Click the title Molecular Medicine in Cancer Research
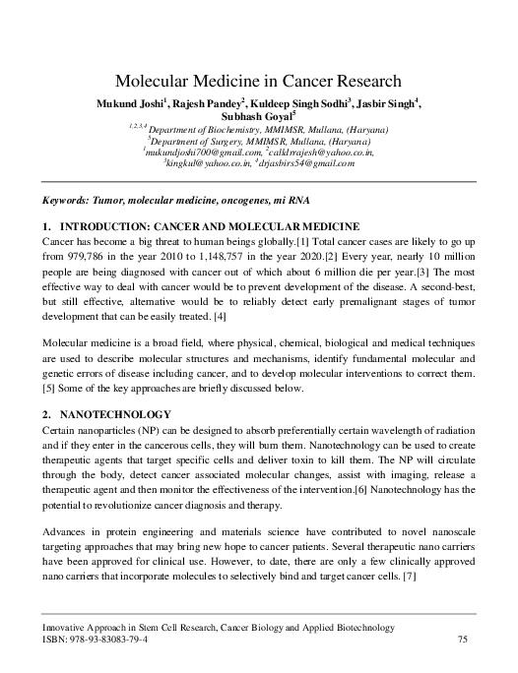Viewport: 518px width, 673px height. pos(258,82)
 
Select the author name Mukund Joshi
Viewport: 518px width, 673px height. pos(130,104)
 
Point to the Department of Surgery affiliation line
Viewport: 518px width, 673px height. pos(258,141)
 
